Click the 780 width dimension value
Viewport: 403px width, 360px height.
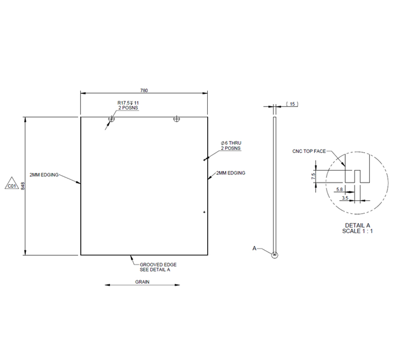pos(143,90)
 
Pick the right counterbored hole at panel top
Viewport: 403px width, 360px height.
pos(177,118)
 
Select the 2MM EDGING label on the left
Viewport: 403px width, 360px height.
pos(44,175)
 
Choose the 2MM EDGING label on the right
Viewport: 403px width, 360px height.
pos(231,172)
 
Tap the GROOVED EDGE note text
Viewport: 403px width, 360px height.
pos(158,264)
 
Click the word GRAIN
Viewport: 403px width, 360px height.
pos(142,282)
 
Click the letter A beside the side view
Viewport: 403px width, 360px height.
pos(255,248)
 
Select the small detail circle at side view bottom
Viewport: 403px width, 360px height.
pos(274,254)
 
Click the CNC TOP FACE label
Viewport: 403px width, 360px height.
pos(309,151)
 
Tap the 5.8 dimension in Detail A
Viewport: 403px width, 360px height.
pos(339,190)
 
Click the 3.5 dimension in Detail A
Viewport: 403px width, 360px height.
pos(345,197)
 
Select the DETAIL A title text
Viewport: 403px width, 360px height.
pos(358,225)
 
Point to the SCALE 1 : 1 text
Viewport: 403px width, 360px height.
pos(358,231)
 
